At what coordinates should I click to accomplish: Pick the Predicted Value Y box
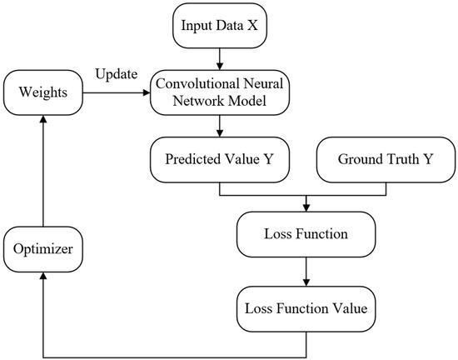click(219, 159)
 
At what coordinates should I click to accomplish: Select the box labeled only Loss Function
click(306, 234)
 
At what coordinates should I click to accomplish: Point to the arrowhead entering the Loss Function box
click(306, 206)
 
